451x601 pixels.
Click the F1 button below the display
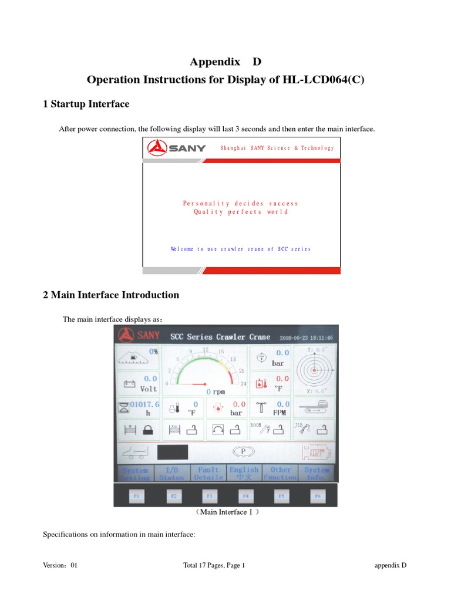point(136,496)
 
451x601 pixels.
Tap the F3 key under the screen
point(209,496)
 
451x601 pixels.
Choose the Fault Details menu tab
point(208,474)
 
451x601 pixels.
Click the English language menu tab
point(244,474)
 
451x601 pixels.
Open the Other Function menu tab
point(281,474)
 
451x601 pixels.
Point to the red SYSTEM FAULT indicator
point(317,452)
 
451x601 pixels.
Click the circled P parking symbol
point(241,451)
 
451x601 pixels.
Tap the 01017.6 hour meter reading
point(144,404)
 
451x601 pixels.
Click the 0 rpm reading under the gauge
point(216,391)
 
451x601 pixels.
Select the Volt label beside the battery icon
point(148,389)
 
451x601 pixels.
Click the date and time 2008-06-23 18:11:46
point(307,338)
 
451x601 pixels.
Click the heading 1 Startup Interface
point(86,104)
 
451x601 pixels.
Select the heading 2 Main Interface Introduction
point(111,295)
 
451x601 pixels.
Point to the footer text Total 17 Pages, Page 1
point(214,565)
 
